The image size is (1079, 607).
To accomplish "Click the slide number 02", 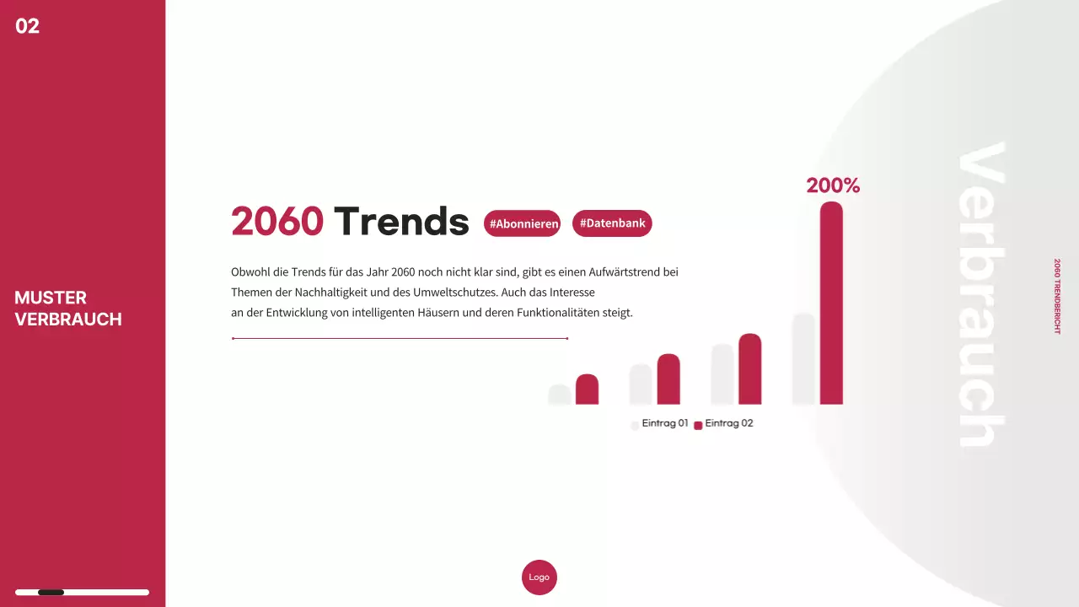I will pyautogui.click(x=28, y=26).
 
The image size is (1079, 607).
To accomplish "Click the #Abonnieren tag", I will pyautogui.click(x=523, y=223).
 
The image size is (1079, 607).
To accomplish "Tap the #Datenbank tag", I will pyautogui.click(x=612, y=223).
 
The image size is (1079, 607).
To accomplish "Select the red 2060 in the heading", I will pyautogui.click(x=277, y=221).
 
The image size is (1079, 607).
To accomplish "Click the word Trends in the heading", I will pyautogui.click(x=401, y=221).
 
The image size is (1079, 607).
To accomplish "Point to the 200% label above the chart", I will pyautogui.click(x=833, y=185).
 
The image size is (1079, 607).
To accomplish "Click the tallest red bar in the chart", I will pyautogui.click(x=831, y=303).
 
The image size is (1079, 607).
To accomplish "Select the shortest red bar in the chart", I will pyautogui.click(x=587, y=389).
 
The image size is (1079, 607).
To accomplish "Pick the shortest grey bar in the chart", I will pyautogui.click(x=560, y=395).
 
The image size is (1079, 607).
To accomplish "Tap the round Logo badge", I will pyautogui.click(x=539, y=577).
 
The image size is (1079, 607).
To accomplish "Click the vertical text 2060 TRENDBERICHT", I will pyautogui.click(x=1057, y=296).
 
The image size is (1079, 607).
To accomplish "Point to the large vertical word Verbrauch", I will pyautogui.click(x=981, y=295).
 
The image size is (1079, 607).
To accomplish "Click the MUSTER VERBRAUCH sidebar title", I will pyautogui.click(x=68, y=309).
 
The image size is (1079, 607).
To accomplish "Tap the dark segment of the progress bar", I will pyautogui.click(x=51, y=593).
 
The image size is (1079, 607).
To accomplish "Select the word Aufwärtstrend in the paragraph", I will pyautogui.click(x=602, y=272).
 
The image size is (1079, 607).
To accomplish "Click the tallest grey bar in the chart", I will pyautogui.click(x=803, y=358).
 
